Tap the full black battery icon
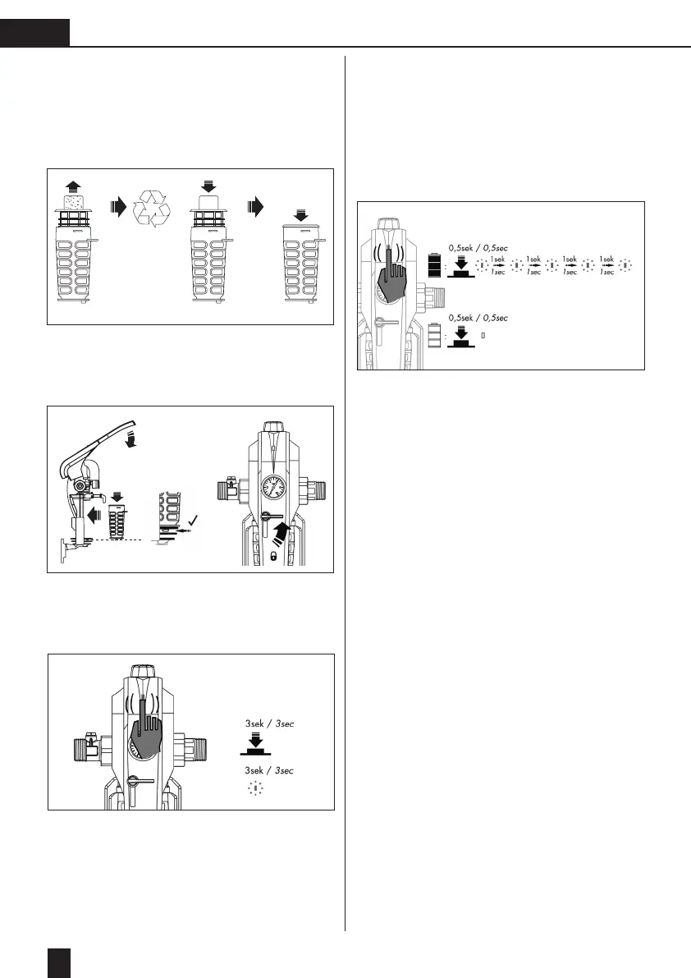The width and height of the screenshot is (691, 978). [434, 268]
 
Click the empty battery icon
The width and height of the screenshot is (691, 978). [434, 334]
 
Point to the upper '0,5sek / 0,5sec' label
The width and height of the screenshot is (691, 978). [478, 246]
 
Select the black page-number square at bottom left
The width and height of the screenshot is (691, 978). [60, 962]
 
